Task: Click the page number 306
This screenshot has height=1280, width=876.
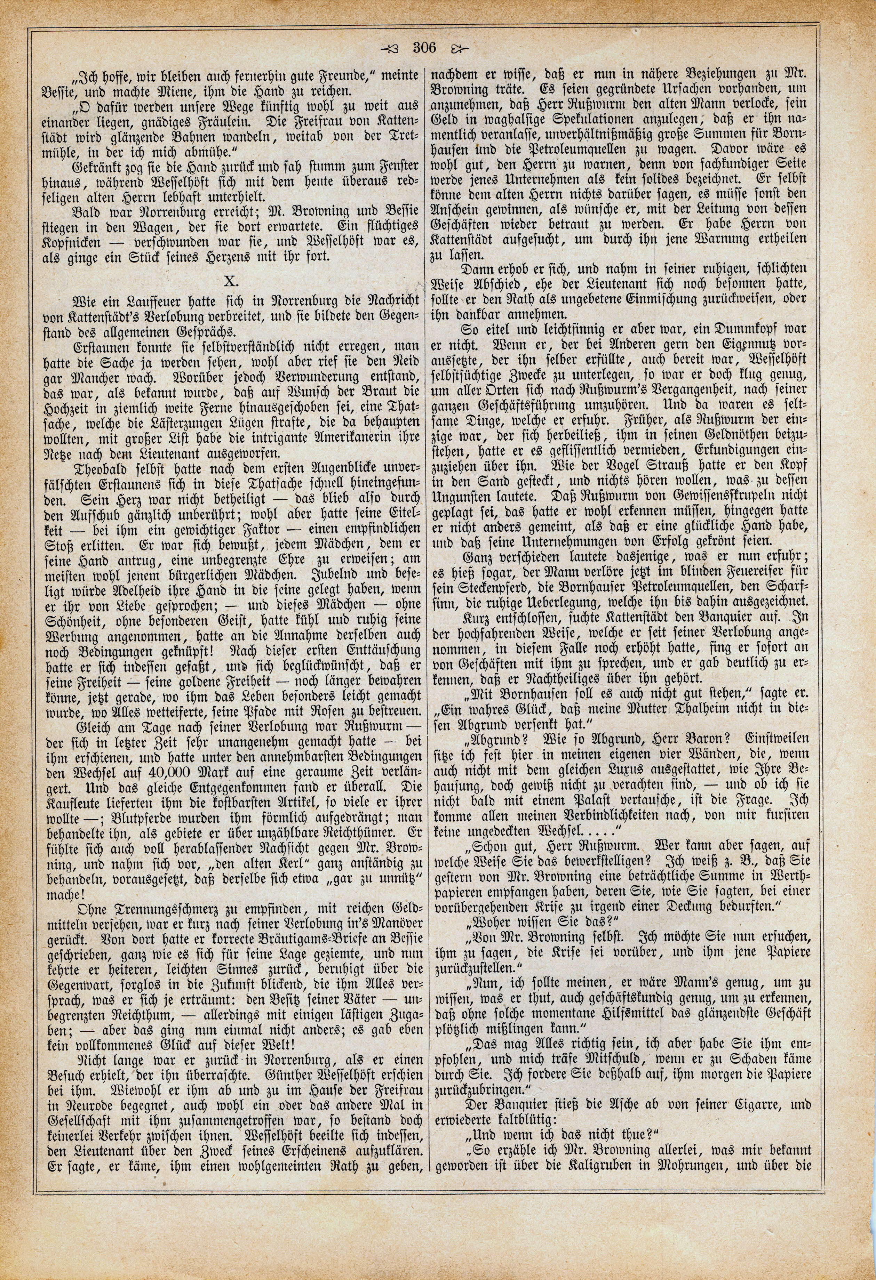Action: point(424,48)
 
